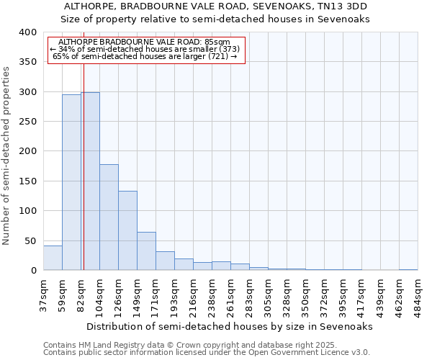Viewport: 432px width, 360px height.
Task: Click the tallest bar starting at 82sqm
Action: pos(90,181)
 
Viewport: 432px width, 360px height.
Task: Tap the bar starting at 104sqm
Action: pos(109,217)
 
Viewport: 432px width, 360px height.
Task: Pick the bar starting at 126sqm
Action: pos(127,230)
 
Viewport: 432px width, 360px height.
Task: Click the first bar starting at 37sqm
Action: pos(53,258)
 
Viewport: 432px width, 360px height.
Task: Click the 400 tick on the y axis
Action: pos(27,32)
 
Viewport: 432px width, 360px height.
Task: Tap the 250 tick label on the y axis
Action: pos(27,122)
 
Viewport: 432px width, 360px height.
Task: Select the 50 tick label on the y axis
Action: pos(30,240)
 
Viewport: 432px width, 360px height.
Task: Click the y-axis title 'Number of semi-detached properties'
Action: pos(7,156)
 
